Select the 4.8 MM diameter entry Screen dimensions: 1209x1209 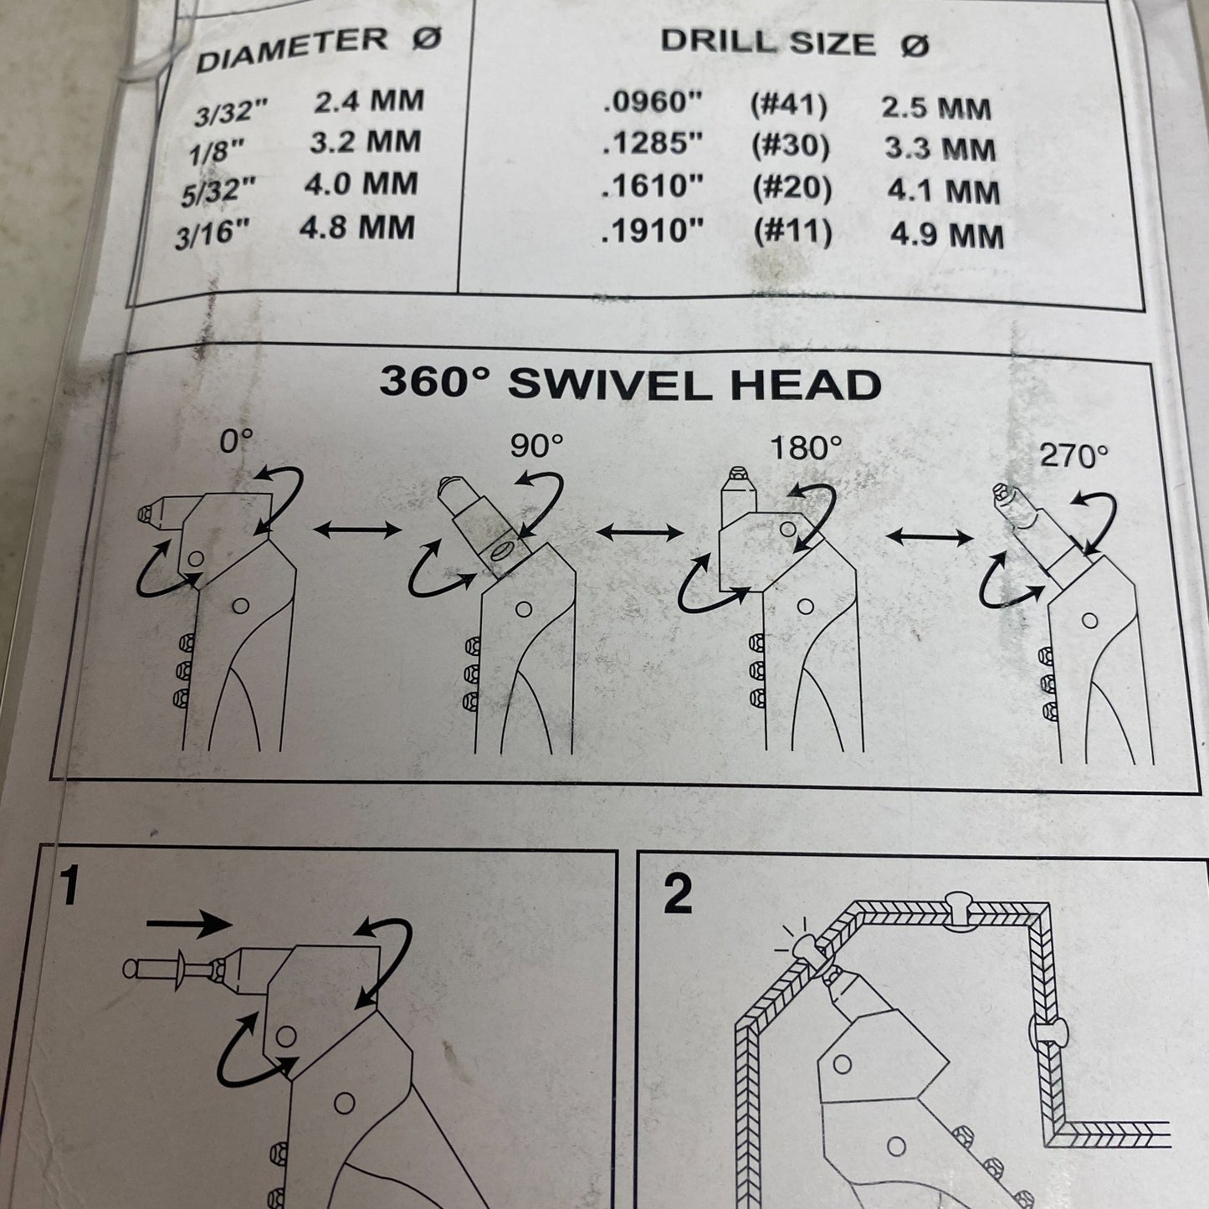point(357,227)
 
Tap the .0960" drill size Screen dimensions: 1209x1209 point(652,102)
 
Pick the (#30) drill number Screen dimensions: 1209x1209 point(791,146)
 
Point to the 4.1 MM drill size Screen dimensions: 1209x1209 point(943,192)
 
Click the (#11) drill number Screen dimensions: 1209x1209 point(793,232)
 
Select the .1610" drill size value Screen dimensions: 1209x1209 point(652,187)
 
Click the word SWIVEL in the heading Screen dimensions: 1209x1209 point(610,384)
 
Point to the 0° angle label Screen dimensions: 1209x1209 point(236,442)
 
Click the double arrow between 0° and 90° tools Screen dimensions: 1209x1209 point(357,530)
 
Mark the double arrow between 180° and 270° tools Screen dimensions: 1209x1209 point(929,536)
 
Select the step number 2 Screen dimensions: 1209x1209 point(677,894)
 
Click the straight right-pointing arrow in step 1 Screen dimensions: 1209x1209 point(189,923)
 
